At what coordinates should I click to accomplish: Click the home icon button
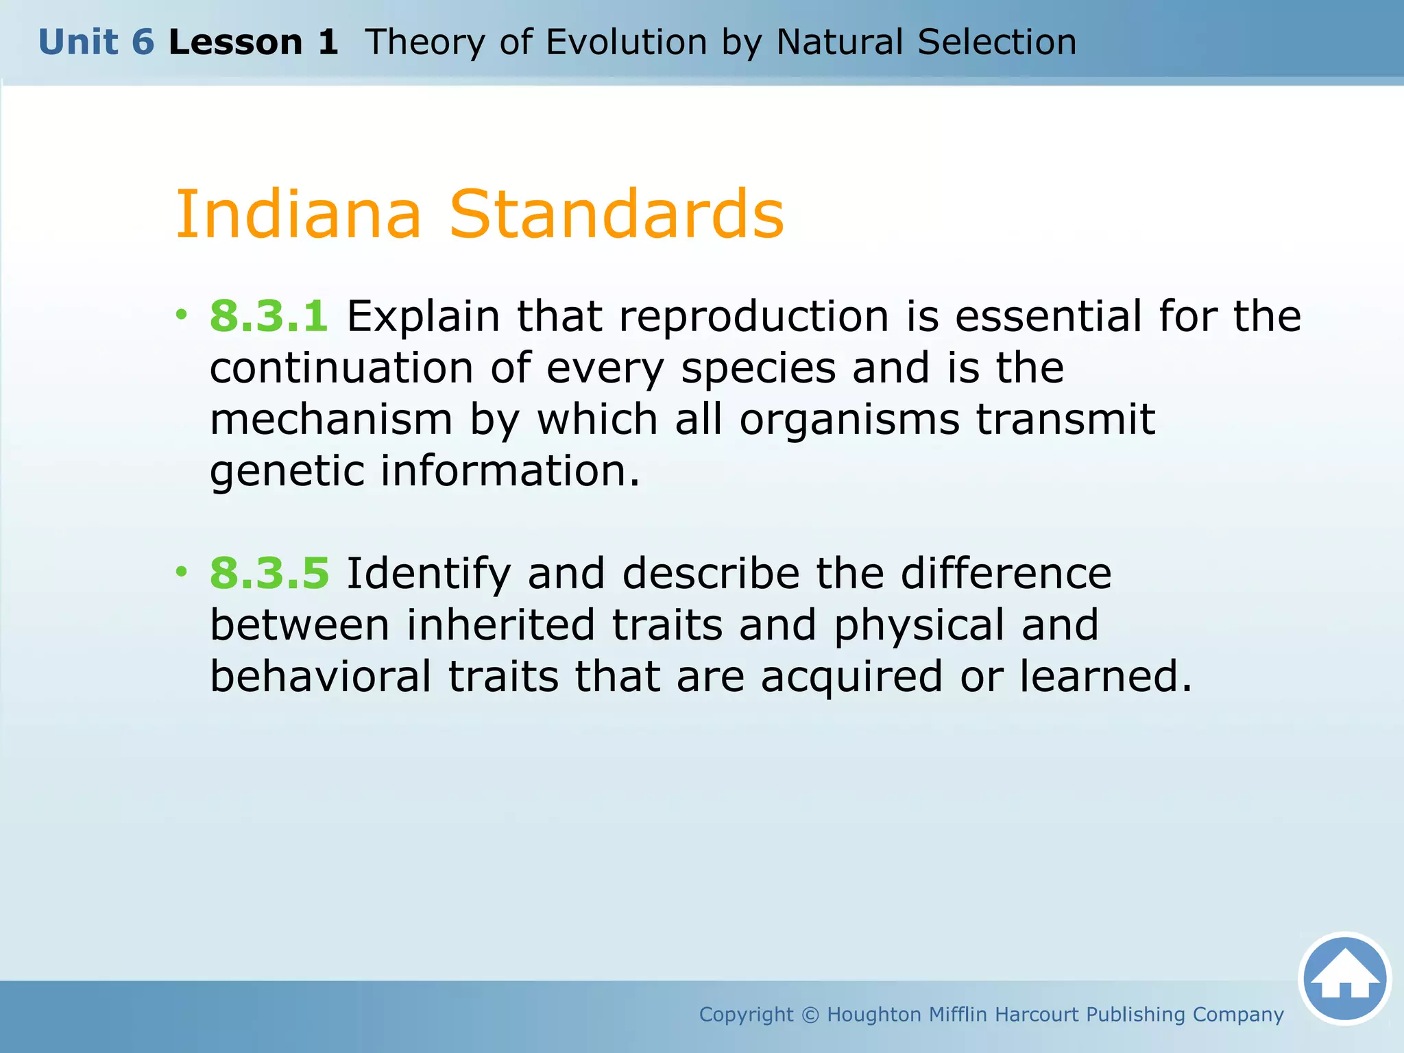[x=1344, y=978]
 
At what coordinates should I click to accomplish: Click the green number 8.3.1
[x=269, y=317]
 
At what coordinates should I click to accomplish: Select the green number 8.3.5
[x=269, y=574]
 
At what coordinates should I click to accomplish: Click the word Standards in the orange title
[x=616, y=215]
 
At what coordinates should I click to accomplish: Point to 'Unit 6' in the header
[x=96, y=43]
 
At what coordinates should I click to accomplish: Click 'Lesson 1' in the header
[x=253, y=43]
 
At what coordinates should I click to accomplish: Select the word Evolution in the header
[x=626, y=43]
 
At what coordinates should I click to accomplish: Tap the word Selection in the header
[x=997, y=43]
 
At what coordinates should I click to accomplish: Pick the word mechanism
[x=330, y=420]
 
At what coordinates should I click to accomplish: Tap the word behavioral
[x=321, y=677]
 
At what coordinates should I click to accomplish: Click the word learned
[x=1105, y=677]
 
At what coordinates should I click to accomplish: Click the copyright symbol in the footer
[x=810, y=1015]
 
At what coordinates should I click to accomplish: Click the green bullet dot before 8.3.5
[x=181, y=571]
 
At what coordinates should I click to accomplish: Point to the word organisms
[x=849, y=420]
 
